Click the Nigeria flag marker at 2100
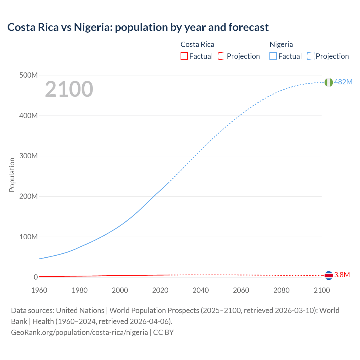pos(328,82)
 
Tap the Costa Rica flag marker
pos(328,275)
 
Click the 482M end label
pos(343,82)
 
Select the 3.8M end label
pos(342,275)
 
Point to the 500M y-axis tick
pos(28,75)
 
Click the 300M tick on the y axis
pos(28,156)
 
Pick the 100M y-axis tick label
pos(28,237)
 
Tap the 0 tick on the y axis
pos(36,277)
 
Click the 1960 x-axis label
pos(39,290)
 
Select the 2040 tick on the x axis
pos(201,290)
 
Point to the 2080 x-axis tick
pos(281,290)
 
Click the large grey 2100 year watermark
pos(69,89)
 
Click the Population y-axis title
pos(12,175)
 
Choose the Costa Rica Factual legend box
pos(184,56)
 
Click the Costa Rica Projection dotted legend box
pos(222,56)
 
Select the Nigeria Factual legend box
pos(273,56)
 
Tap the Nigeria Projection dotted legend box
pos(311,56)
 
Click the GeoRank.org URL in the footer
pos(79,332)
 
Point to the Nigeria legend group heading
pos(281,44)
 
